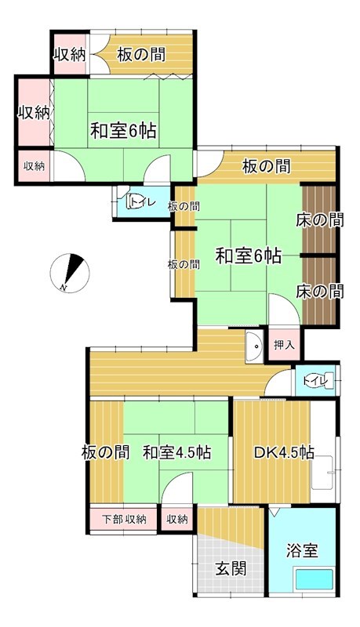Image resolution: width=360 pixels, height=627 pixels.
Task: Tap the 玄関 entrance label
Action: (x=231, y=568)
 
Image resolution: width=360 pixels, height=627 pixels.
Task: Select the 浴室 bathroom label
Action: (x=303, y=550)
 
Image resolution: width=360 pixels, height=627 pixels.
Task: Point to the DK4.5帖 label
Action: (x=284, y=452)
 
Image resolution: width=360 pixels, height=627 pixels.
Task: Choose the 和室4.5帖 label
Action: (x=176, y=452)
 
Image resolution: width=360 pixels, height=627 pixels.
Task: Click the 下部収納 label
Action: (x=124, y=519)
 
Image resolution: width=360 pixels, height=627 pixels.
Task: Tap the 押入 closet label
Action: (x=284, y=345)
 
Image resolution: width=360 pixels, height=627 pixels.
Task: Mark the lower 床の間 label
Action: (x=319, y=291)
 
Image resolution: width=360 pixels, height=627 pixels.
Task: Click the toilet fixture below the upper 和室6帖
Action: (x=138, y=202)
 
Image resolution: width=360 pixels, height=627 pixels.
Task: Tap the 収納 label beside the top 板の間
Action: (x=69, y=54)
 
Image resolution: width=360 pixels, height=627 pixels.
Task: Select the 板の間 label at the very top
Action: (x=142, y=54)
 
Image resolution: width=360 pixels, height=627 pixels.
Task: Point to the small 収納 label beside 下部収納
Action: (x=177, y=519)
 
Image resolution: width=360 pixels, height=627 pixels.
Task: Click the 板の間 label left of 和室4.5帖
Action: (x=104, y=452)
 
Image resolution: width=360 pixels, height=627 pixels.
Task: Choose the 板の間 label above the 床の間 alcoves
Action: (x=267, y=166)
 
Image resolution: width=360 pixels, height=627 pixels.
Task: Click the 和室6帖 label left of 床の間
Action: (x=249, y=256)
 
